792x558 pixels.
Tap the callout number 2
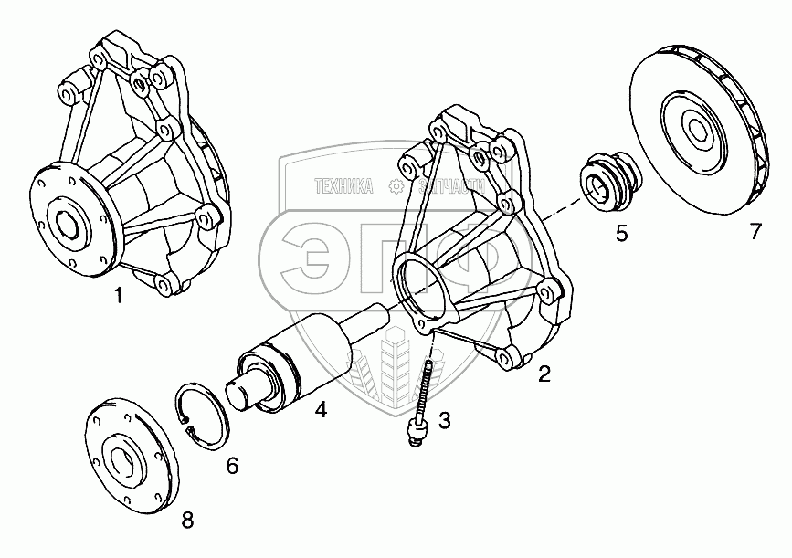pyautogui.click(x=544, y=374)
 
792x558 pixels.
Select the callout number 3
pyautogui.click(x=445, y=420)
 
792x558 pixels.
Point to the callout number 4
pyautogui.click(x=321, y=410)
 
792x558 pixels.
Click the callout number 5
pyautogui.click(x=621, y=233)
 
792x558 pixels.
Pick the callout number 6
pyautogui.click(x=232, y=466)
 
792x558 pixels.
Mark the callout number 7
pyautogui.click(x=755, y=232)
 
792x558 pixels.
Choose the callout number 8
pyautogui.click(x=187, y=521)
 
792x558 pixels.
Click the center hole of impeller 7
pyautogui.click(x=697, y=131)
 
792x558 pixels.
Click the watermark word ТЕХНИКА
pyautogui.click(x=343, y=186)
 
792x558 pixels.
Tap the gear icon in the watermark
pyautogui.click(x=396, y=186)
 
